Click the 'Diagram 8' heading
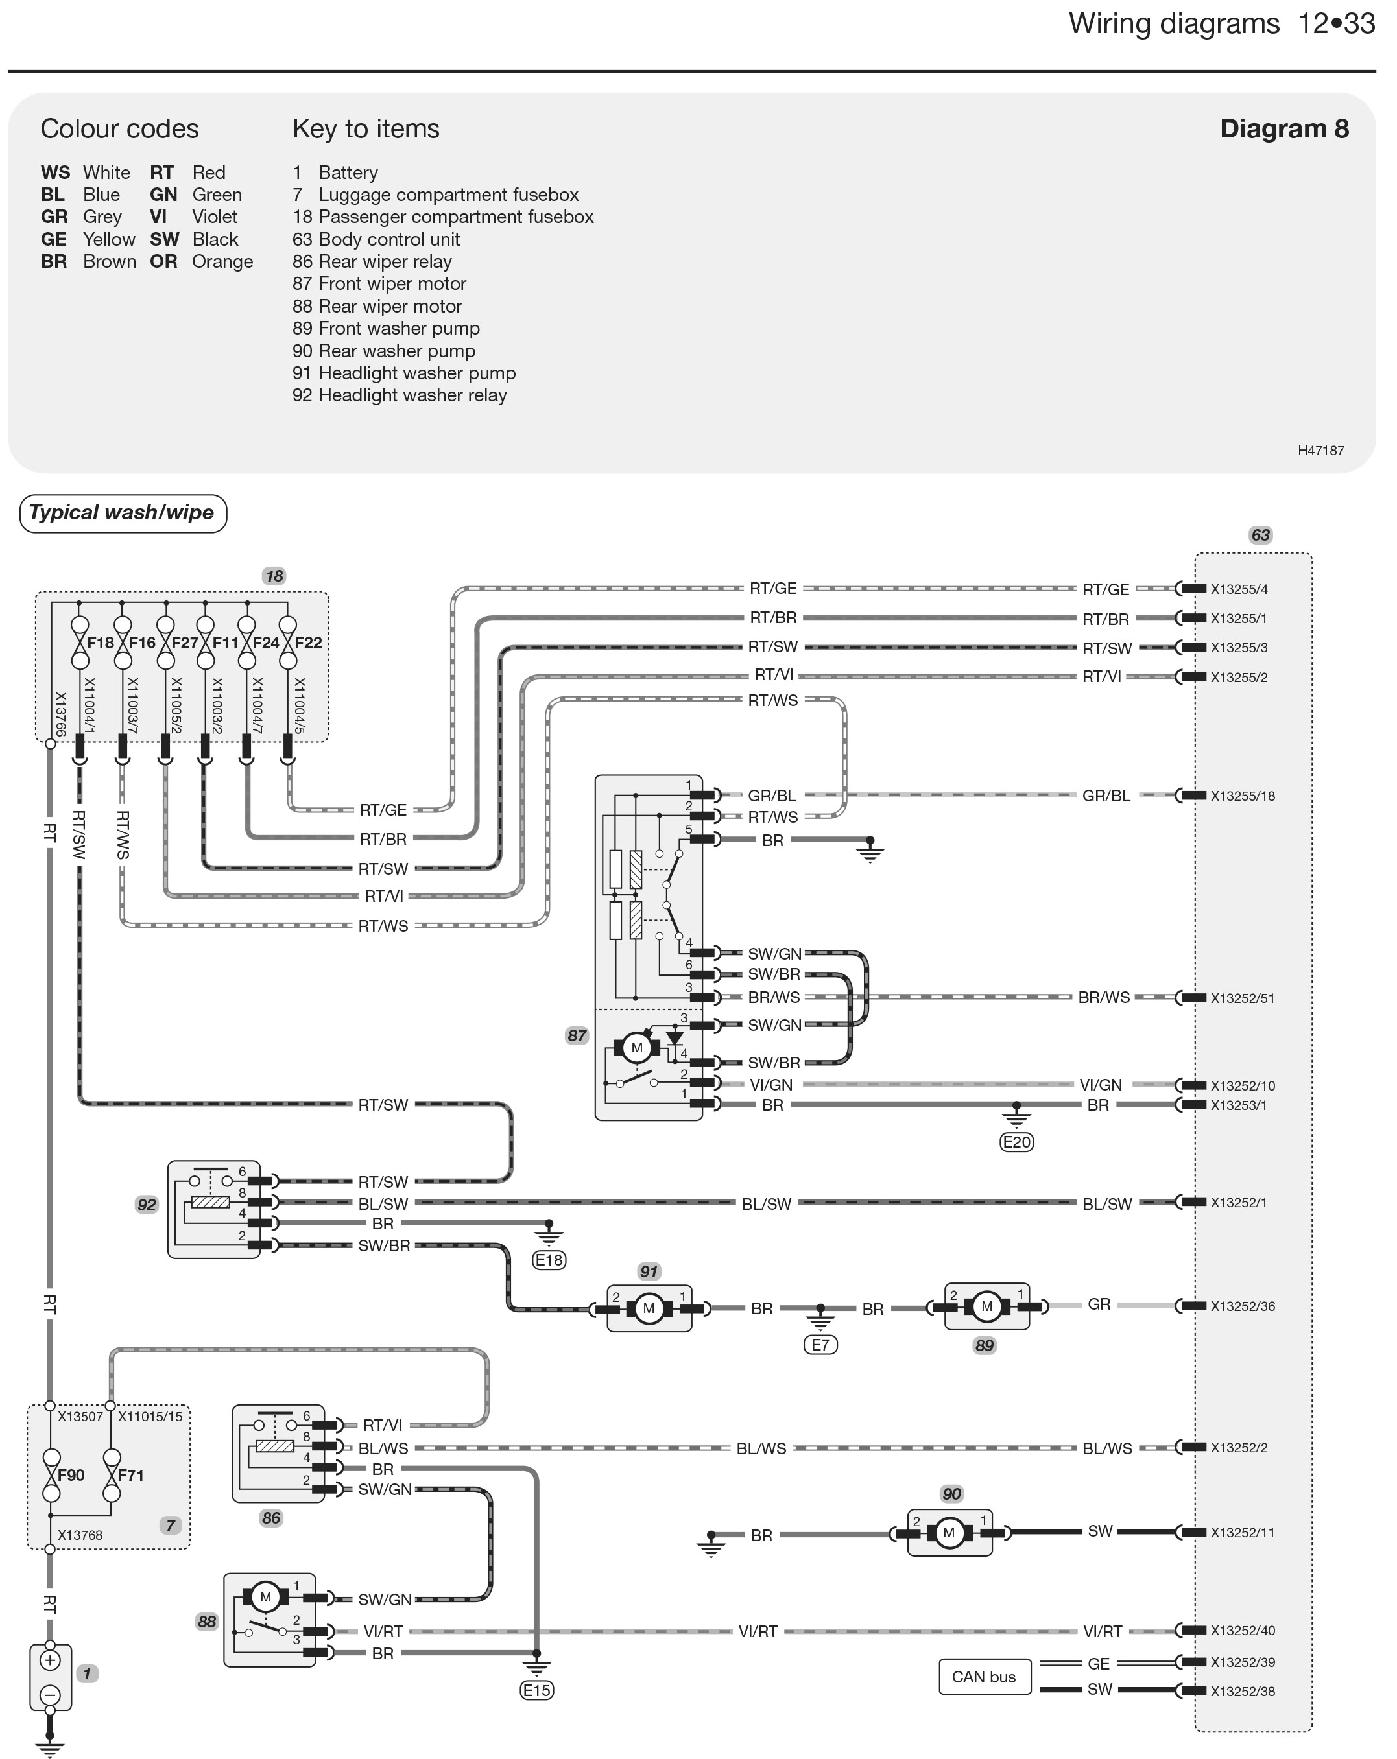point(1284,129)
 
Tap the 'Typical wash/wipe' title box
point(123,514)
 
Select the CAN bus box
point(984,1677)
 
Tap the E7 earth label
point(820,1345)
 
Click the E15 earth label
point(536,1690)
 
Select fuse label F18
point(101,643)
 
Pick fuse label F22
point(309,643)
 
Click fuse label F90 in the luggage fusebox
point(71,1475)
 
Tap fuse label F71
point(130,1475)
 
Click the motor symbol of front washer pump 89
point(986,1306)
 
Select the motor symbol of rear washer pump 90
point(949,1533)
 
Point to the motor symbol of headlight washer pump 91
point(649,1308)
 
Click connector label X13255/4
point(1239,589)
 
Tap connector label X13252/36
point(1242,1306)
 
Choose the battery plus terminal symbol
point(50,1660)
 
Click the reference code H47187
point(1321,451)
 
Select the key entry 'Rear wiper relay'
point(385,262)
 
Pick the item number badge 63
point(1261,535)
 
